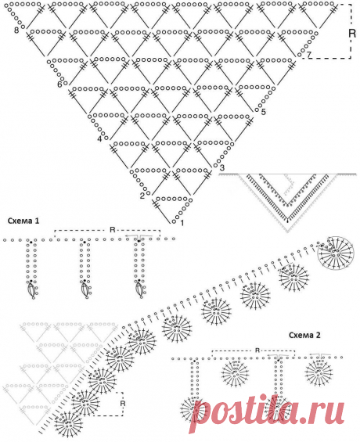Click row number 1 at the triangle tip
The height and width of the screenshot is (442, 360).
pos(182,223)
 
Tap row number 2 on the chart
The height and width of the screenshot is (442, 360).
pos(142,196)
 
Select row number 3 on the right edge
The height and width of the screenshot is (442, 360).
pos(222,167)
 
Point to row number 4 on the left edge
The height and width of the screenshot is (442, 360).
pos(99,139)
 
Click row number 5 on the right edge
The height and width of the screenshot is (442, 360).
pos(263,112)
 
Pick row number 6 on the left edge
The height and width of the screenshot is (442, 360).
pos(59,84)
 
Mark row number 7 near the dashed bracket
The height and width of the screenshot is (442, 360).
pos(309,55)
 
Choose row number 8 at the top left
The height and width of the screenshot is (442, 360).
pos(16,30)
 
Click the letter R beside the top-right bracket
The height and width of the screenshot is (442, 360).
pos(352,34)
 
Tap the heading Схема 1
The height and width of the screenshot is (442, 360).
pos(23,221)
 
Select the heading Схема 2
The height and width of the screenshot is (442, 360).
pos(304,335)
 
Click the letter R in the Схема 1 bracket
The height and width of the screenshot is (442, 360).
pos(113,230)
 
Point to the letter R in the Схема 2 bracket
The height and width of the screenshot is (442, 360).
pos(257,350)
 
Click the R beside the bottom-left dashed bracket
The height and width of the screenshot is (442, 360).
pos(123,404)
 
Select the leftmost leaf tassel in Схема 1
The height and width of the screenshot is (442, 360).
pos(32,290)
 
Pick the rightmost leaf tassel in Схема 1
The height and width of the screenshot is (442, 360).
pos(140,290)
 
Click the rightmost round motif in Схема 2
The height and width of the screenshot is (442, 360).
pos(319,372)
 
